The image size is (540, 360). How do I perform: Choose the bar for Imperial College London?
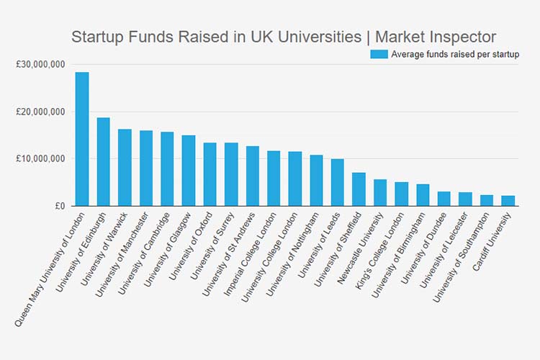click(274, 179)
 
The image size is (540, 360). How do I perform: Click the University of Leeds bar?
click(338, 183)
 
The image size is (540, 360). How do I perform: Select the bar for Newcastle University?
click(380, 193)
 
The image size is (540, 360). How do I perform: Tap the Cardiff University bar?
click(508, 201)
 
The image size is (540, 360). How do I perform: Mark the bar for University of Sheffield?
click(359, 189)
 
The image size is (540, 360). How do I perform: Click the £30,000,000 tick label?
click(40, 65)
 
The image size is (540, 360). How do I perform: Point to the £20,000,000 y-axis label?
click(40, 112)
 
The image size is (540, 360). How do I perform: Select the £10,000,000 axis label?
click(40, 158)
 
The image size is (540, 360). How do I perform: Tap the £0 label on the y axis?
click(59, 206)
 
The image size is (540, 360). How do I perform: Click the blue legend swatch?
click(379, 54)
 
